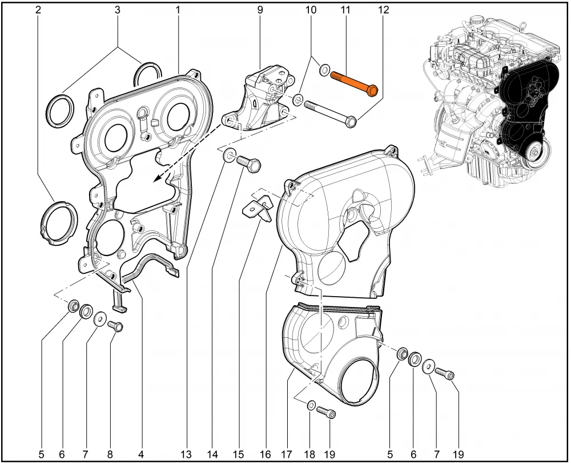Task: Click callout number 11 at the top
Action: (x=345, y=10)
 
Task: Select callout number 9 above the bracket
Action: (x=260, y=10)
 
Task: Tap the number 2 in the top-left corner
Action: (x=38, y=10)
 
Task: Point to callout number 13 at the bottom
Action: (x=186, y=454)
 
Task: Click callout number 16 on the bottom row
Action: (x=266, y=454)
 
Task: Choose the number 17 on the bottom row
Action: (x=287, y=454)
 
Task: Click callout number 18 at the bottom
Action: (x=309, y=454)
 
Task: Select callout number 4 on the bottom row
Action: (x=141, y=454)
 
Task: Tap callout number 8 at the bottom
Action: (x=110, y=454)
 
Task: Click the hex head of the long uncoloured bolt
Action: (x=350, y=122)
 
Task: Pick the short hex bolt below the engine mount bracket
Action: (x=249, y=163)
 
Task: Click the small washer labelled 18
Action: (x=311, y=405)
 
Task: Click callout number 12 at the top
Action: (x=384, y=10)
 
